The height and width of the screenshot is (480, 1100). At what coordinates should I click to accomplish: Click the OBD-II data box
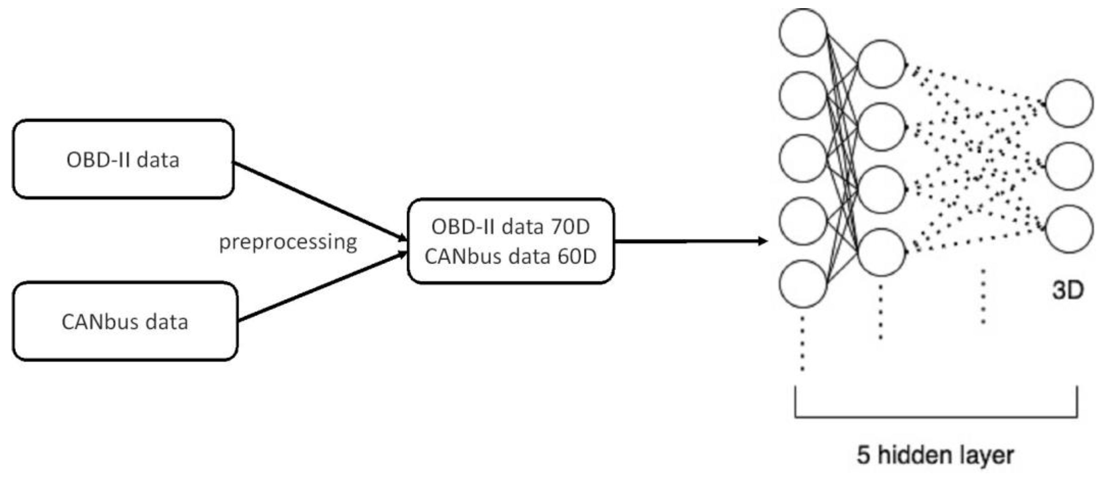[x=123, y=159]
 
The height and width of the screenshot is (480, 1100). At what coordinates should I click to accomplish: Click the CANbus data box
[x=125, y=321]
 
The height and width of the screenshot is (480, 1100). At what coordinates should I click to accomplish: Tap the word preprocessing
[x=288, y=242]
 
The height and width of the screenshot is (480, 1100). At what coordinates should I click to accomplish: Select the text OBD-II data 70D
[x=510, y=226]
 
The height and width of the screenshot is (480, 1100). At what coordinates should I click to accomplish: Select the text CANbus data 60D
[x=510, y=256]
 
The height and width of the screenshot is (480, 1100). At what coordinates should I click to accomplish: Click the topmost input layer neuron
[x=803, y=33]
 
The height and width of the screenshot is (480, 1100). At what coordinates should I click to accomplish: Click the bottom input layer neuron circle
[x=803, y=284]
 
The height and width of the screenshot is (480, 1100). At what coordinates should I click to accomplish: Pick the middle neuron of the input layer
[x=803, y=158]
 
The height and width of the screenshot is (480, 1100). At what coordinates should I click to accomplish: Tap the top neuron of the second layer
[x=881, y=64]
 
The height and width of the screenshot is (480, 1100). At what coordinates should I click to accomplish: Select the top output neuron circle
[x=1069, y=103]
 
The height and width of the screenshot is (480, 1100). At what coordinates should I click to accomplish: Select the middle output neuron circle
[x=1069, y=166]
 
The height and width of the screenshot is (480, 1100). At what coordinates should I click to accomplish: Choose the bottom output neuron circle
[x=1069, y=229]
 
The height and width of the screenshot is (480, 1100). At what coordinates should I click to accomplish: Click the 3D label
[x=1067, y=291]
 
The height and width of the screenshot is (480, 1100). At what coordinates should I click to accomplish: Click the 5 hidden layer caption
[x=935, y=455]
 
